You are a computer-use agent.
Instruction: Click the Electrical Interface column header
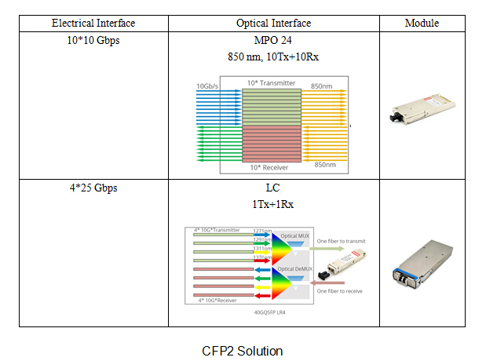pos(93,24)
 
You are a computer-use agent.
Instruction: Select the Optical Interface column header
pos(273,24)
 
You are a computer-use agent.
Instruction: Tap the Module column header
pos(422,24)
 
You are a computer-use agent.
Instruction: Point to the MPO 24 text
pos(273,40)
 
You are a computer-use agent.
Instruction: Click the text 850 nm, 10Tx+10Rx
pos(273,56)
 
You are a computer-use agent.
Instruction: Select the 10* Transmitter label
pos(271,82)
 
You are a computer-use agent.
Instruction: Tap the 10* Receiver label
pos(269,167)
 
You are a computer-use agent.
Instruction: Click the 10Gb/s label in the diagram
pos(208,86)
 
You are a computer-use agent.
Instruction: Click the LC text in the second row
pos(273,188)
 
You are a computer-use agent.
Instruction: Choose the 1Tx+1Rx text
pos(273,203)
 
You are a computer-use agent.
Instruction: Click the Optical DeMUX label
pos(295,269)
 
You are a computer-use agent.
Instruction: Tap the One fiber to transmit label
pos(341,241)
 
